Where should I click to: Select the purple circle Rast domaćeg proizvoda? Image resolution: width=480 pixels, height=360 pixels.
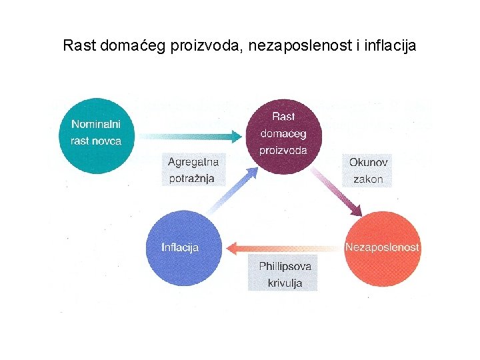(x=283, y=135)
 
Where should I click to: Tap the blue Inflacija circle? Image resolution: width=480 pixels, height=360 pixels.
(x=181, y=247)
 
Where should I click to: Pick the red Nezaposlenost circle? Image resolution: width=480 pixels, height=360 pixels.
(x=381, y=247)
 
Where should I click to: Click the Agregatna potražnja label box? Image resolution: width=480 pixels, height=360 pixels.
(x=193, y=170)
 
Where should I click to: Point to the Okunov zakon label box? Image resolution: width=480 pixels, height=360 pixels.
(x=368, y=170)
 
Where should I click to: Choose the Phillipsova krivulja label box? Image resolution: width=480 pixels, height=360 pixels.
(x=285, y=274)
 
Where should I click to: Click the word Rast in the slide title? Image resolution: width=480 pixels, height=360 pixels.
(x=77, y=46)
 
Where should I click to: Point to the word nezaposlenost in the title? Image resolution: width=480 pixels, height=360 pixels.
(x=297, y=46)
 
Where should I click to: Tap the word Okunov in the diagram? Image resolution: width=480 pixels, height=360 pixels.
(x=368, y=162)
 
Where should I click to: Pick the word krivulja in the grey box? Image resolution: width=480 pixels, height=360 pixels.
(x=285, y=283)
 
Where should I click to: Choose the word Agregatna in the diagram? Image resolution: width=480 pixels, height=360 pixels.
(x=193, y=162)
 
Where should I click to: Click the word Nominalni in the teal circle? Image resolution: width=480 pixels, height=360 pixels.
(x=92, y=124)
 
